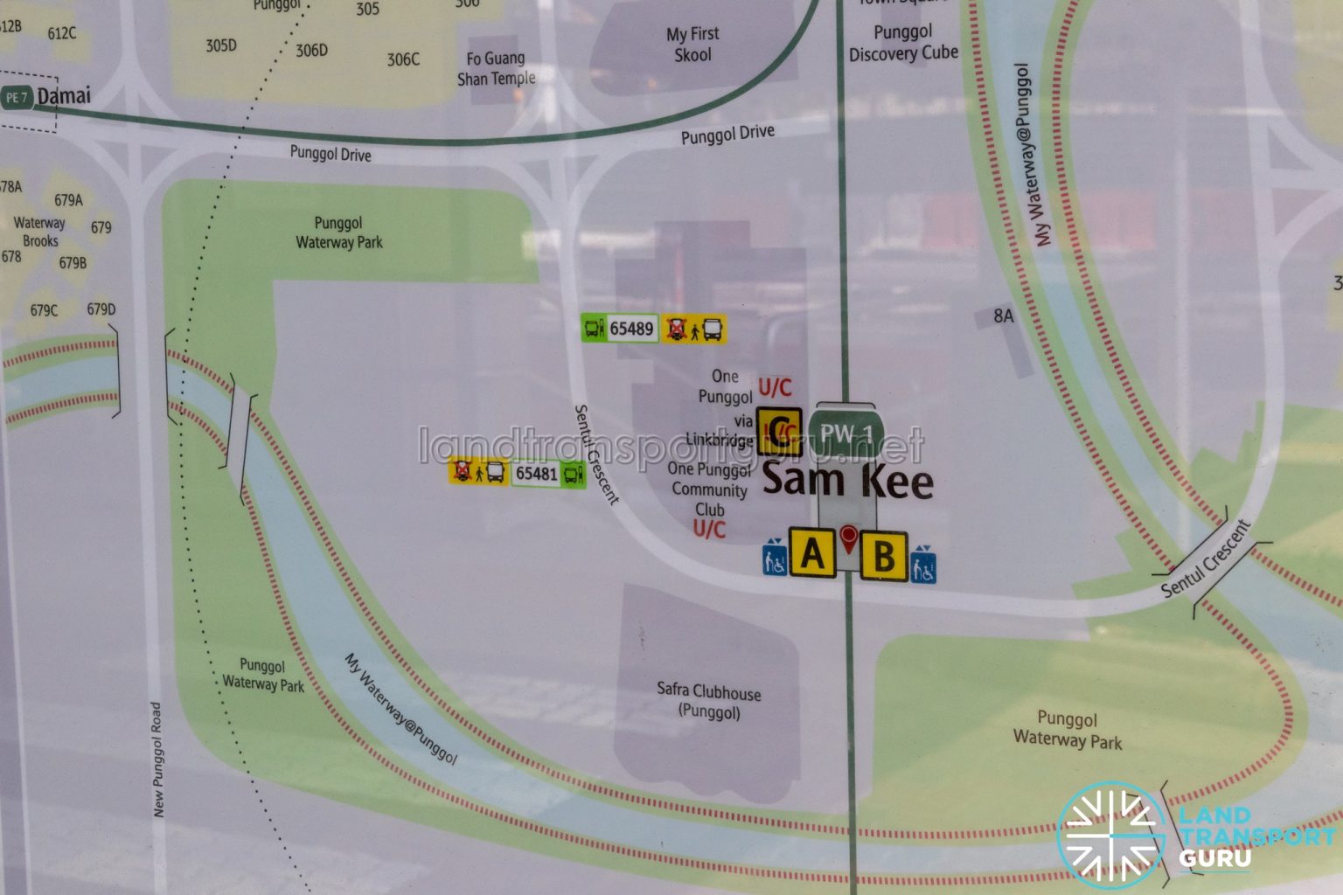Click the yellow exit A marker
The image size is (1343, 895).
coord(812,552)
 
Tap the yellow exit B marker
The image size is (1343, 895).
coord(883,555)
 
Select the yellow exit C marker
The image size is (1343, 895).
coord(779,431)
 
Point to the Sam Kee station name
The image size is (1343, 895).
coord(847,481)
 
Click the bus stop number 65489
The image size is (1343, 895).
coord(631,329)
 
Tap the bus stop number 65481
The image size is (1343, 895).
coord(536,474)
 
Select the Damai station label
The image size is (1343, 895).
coord(64,96)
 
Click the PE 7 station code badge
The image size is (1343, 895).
coord(17,98)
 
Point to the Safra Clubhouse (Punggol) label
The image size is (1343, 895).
coord(709,701)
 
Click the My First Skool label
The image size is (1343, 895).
coord(692,44)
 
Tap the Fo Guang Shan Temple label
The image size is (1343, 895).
coord(496,68)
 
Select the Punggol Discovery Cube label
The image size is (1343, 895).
coord(903,43)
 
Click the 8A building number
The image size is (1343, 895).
coord(1004,316)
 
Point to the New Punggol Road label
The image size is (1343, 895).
coord(157,760)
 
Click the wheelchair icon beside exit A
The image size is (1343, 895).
coord(775,557)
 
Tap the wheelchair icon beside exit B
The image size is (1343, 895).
coord(923,564)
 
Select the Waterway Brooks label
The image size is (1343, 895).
coord(40,232)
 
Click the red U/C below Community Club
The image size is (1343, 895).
coord(709,529)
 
